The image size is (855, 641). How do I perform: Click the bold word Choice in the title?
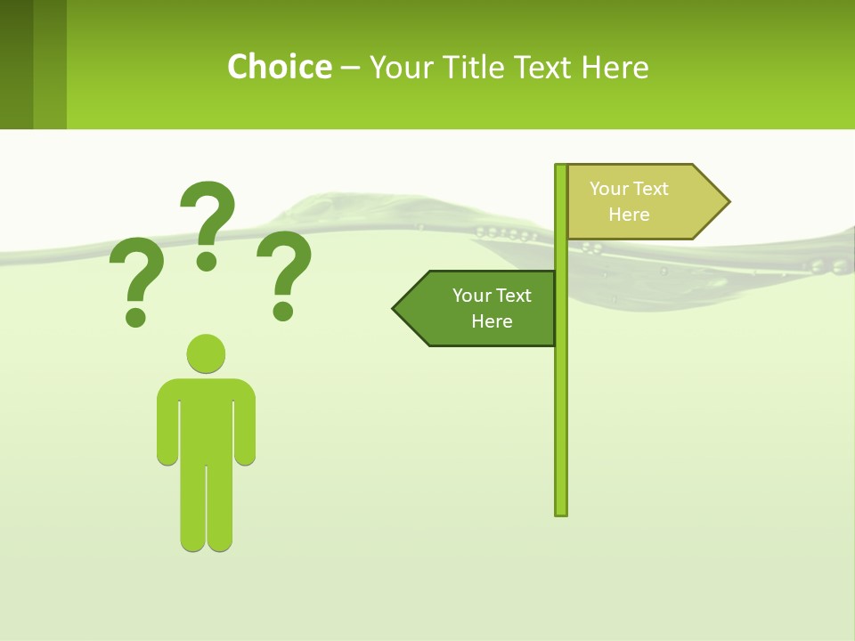coord(279,67)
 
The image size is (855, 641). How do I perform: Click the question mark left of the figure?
coord(135,276)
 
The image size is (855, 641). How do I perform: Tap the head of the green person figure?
coord(206,353)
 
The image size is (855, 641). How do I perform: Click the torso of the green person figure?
coord(206,418)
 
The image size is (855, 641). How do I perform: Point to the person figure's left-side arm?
coord(167,427)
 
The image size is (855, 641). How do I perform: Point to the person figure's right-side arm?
coord(246,427)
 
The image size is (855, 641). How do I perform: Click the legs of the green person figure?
coord(206,507)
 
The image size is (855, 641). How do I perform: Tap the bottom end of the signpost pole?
coord(560,511)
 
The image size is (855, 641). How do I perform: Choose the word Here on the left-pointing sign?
coord(492,321)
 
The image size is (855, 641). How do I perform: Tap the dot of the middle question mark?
coord(207,260)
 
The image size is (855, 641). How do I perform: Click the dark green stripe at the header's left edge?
coord(16,64)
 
